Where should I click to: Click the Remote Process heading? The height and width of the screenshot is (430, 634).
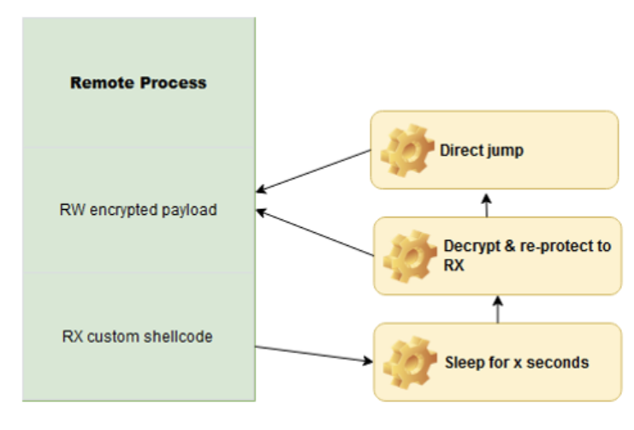[138, 83]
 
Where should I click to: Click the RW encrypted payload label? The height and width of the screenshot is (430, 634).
[139, 209]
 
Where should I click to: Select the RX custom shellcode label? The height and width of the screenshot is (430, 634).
[138, 337]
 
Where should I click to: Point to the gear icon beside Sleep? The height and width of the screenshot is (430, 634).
[405, 361]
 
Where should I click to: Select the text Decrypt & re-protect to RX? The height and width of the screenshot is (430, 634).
[526, 255]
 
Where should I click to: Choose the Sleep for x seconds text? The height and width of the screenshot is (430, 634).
[516, 362]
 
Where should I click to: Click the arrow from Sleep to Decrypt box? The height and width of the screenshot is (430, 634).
[497, 308]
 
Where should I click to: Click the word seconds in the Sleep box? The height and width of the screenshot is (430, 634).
[559, 362]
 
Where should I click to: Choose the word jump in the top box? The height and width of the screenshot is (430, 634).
[502, 151]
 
